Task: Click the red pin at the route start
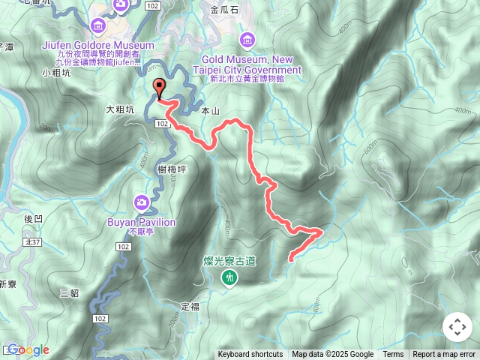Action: click(x=159, y=87)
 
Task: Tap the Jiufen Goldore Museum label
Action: click(x=88, y=45)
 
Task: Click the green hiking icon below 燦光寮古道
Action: click(x=229, y=278)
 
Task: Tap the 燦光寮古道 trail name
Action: click(x=229, y=261)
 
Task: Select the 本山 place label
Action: click(x=211, y=110)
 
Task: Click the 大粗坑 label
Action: click(x=120, y=109)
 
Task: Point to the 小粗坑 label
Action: click(x=56, y=73)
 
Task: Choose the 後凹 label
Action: click(x=33, y=219)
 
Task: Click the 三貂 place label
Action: click(x=69, y=292)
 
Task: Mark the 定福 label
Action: click(x=190, y=306)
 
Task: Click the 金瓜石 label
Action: click(x=225, y=10)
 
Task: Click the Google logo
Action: click(x=28, y=349)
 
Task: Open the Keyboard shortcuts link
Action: click(x=250, y=355)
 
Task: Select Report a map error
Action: click(x=444, y=355)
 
